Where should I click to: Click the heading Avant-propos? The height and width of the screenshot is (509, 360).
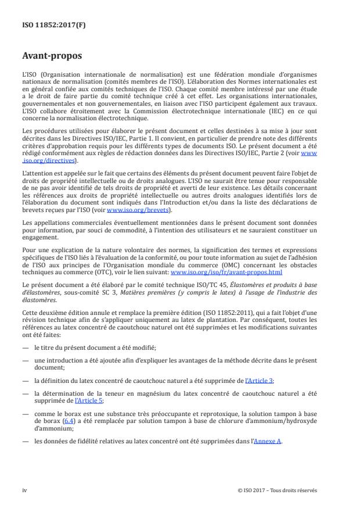[52, 56]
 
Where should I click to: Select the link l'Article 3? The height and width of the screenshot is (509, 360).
[260, 380]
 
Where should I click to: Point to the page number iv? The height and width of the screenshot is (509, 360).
[25, 490]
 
